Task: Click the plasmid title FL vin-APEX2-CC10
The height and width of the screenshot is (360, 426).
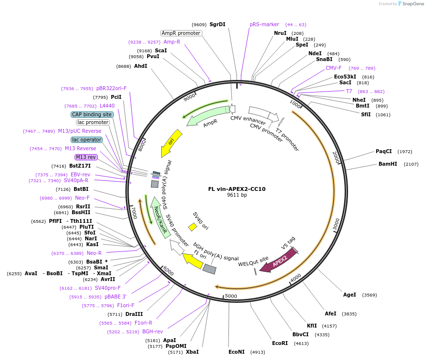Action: (237, 189)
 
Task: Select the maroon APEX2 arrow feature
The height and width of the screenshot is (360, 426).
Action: (278, 261)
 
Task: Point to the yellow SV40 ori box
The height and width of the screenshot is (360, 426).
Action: (193, 227)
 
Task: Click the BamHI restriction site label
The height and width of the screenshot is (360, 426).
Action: (388, 164)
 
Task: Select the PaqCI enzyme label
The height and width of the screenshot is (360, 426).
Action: (383, 151)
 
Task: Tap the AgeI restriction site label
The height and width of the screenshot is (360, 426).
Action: (350, 295)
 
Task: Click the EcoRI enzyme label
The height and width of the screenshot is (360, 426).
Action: (280, 343)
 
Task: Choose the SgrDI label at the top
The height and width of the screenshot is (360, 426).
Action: (217, 24)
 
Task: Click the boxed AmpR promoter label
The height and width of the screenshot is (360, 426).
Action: (181, 33)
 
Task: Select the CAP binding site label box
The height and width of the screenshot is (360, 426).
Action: (92, 114)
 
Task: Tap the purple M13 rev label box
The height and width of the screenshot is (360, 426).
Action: (86, 157)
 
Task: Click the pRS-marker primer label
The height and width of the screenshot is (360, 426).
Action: (264, 24)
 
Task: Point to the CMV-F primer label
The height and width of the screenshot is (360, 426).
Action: (334, 68)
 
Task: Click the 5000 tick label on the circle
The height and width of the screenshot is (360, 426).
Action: (231, 296)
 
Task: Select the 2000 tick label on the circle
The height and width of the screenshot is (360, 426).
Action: (336, 157)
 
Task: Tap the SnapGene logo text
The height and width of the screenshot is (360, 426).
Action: (413, 3)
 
